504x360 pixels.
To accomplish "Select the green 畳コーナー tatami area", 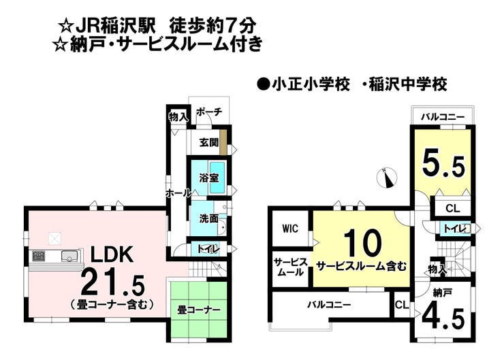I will pyautogui.click(x=199, y=310).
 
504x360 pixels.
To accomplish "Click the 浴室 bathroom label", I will pyautogui.click(x=208, y=178).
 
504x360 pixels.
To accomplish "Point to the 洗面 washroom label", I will pyautogui.click(x=209, y=219).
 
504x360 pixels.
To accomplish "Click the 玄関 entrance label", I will pyautogui.click(x=208, y=143).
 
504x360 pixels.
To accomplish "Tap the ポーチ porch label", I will pyautogui.click(x=208, y=113).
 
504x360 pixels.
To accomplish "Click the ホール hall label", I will pyautogui.click(x=178, y=193).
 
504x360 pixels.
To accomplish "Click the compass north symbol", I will pyautogui.click(x=387, y=178).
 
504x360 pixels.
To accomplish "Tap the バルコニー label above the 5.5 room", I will pyautogui.click(x=442, y=117).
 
